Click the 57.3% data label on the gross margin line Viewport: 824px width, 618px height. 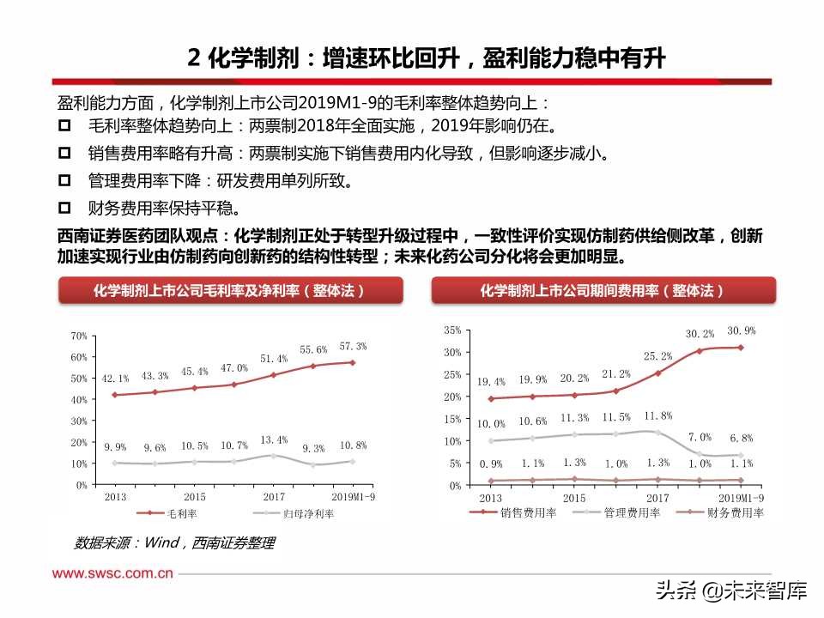click(353, 346)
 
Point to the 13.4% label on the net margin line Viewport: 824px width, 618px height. click(274, 439)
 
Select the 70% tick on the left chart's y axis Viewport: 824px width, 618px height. click(78, 336)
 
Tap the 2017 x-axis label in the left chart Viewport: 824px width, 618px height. click(274, 497)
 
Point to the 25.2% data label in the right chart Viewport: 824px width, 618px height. click(657, 355)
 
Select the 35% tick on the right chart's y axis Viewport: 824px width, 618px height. click(453, 330)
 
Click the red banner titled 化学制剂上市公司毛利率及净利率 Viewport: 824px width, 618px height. click(229, 291)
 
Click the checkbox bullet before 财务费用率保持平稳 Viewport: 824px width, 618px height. click(64, 208)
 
